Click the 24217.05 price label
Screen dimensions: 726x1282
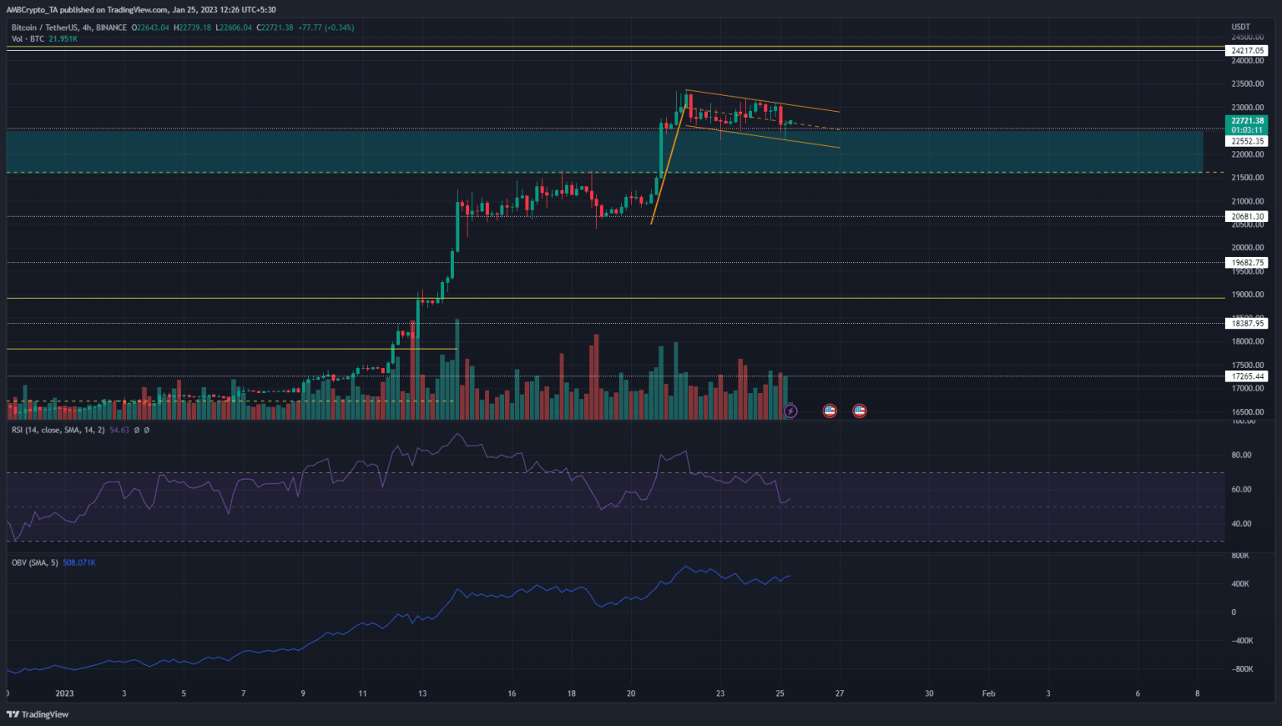1248,51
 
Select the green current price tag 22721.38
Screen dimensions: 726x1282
1248,121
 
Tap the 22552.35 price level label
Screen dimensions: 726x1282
1248,142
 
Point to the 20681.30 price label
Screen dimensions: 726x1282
1248,217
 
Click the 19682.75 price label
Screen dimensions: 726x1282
1248,263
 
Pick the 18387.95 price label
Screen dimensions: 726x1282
1248,324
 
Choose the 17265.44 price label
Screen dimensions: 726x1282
1248,376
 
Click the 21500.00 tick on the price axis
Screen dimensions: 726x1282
1247,178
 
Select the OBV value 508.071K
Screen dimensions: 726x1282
79,563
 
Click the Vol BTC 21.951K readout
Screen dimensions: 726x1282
63,39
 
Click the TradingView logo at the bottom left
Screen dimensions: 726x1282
38,714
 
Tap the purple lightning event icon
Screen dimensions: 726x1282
790,411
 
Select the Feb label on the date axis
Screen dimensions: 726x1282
988,693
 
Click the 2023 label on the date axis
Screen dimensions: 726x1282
64,693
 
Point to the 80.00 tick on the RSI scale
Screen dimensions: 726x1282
1241,456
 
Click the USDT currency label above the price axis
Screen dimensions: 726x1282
1241,28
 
